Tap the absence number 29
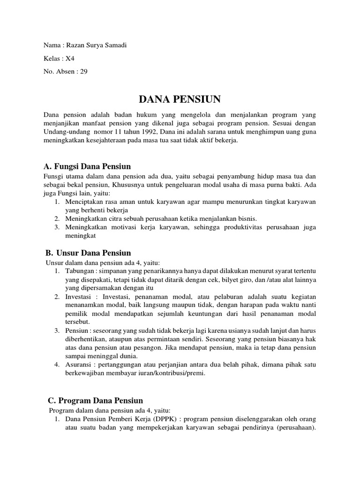point(84,72)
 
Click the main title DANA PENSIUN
point(180,99)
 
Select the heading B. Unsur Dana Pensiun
point(88,253)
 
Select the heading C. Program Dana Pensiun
point(96,401)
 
